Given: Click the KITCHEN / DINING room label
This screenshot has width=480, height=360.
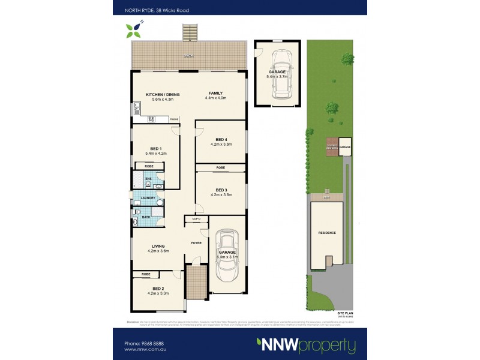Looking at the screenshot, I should tap(163, 94).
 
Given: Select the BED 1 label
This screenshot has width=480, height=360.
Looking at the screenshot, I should tap(156, 148).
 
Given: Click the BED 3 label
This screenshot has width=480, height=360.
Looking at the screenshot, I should tap(221, 189).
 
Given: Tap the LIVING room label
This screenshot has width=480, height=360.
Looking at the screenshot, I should tap(158, 246).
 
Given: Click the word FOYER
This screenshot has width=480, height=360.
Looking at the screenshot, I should tap(196, 243).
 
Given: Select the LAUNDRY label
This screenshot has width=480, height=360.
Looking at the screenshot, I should tap(148, 198).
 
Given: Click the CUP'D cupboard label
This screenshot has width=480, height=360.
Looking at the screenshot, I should tap(196, 219).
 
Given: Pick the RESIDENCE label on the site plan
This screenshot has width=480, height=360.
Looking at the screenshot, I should tap(327, 233).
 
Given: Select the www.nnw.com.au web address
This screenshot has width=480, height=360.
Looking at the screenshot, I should tap(144, 349).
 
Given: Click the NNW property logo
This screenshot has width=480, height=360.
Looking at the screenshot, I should tap(306, 346).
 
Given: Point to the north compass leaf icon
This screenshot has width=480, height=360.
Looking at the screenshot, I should tap(133, 29).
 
